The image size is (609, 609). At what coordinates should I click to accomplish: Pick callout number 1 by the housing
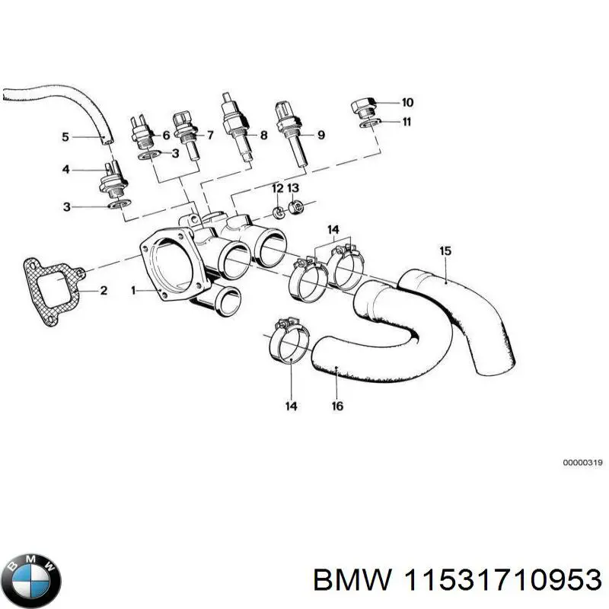[134, 290]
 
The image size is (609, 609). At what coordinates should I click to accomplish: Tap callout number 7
[210, 136]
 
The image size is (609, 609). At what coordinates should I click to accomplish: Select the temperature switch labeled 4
[112, 180]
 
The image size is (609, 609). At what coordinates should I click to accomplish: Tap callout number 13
[293, 188]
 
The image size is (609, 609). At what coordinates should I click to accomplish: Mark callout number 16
[337, 406]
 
